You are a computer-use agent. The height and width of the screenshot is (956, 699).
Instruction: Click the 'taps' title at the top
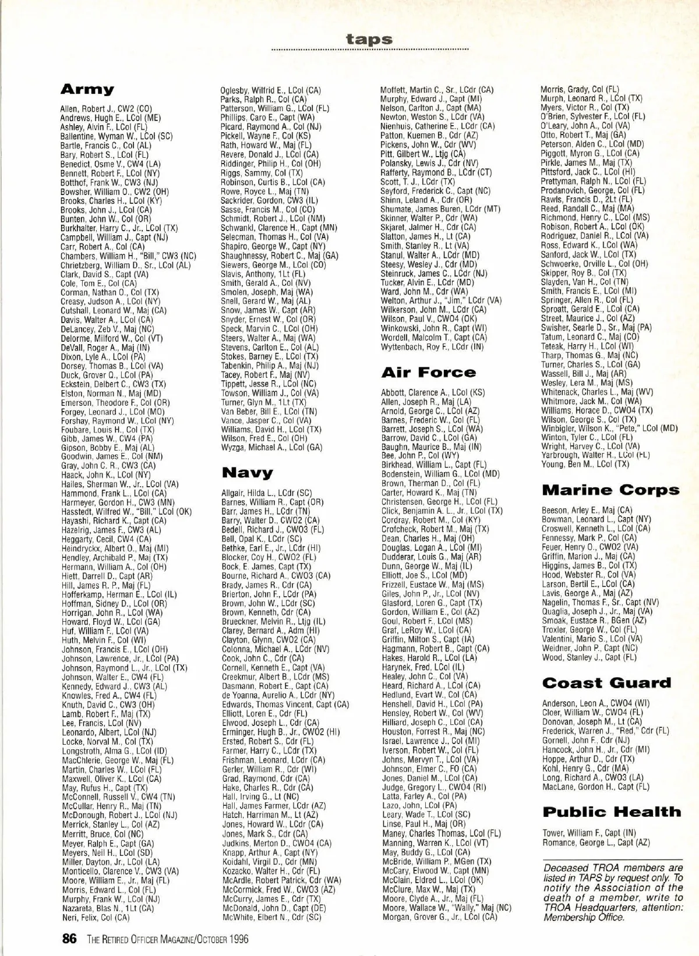pos(369,40)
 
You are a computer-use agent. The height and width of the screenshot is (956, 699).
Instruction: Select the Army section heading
pos(87,90)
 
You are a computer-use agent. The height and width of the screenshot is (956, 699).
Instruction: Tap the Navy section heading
pos(247,472)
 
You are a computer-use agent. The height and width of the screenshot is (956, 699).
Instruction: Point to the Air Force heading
pos(428,372)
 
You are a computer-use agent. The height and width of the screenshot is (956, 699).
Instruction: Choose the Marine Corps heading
pos(610,490)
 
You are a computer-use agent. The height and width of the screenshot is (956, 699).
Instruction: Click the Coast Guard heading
pos(606,683)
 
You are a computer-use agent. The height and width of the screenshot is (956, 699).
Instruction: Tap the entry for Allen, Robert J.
pos(106,109)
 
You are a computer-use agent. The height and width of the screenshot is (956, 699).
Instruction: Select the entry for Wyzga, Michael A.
pos(271,447)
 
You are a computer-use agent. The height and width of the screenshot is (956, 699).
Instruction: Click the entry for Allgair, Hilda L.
pos(266,493)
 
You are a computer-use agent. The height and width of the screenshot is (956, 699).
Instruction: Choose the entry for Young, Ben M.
pos(585,465)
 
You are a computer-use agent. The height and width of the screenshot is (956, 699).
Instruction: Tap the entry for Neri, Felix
pos(96,918)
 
